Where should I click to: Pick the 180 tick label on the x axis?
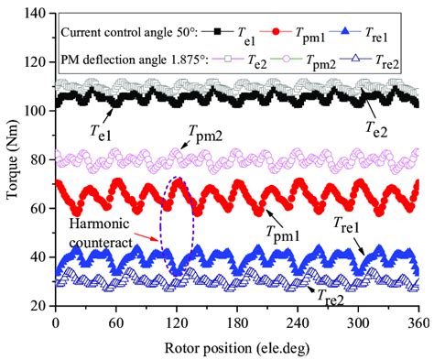[237, 323]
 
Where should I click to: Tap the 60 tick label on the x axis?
[116, 323]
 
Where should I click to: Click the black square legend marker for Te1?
[220, 31]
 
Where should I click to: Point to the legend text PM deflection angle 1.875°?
[128, 60]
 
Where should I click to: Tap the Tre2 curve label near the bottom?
[334, 297]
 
